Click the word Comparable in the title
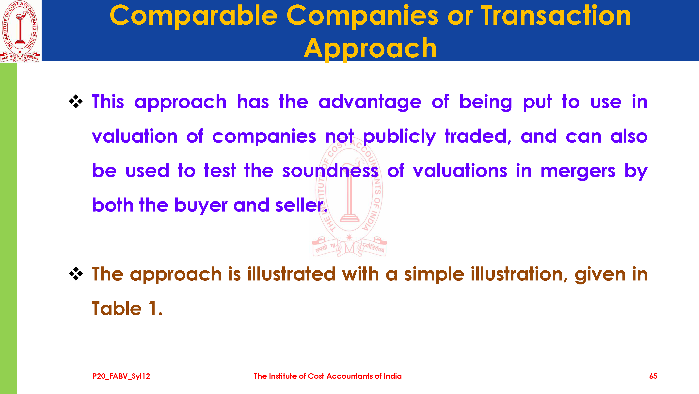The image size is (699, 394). coord(194,16)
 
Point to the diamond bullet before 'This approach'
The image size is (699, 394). coord(76,101)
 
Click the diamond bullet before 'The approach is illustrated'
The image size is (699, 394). coord(76,274)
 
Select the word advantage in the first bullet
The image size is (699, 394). coord(370,102)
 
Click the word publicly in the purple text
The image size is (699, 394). coord(399,137)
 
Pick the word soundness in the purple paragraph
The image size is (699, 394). coord(330,171)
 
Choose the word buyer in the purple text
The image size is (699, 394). coord(201,206)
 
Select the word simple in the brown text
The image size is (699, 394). coord(434,275)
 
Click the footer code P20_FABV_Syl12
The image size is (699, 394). coord(121,376)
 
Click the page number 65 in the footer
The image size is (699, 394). coord(653,376)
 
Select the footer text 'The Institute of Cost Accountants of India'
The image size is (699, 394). coord(328,376)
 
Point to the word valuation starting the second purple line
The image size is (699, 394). coord(135,136)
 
